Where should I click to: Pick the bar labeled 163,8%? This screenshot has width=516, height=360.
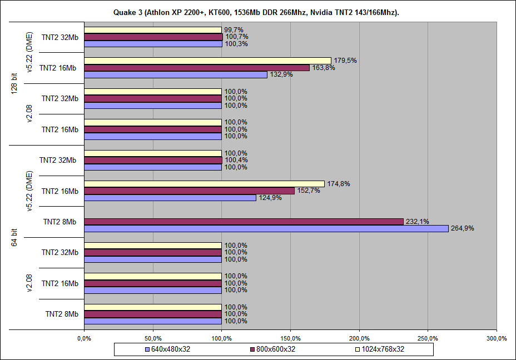pyautogui.click(x=197, y=68)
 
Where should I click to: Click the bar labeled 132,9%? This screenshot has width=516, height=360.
pyautogui.click(x=176, y=74)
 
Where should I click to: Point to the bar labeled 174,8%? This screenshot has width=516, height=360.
pyautogui.click(x=204, y=184)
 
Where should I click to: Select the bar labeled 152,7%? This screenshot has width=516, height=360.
pyautogui.click(x=189, y=191)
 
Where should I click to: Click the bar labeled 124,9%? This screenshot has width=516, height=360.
pyautogui.click(x=170, y=198)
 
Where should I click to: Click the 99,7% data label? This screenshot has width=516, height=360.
pyautogui.click(x=234, y=30)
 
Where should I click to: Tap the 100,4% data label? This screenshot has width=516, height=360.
pyautogui.click(x=236, y=161)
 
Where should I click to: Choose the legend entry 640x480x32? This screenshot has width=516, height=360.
pyautogui.click(x=167, y=349)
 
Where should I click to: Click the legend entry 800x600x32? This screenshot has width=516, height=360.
pyautogui.click(x=273, y=349)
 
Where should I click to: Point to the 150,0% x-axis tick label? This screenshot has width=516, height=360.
pyautogui.click(x=291, y=338)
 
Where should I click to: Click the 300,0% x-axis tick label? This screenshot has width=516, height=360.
pyautogui.click(x=497, y=338)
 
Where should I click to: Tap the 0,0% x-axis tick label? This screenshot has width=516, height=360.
pyautogui.click(x=84, y=338)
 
